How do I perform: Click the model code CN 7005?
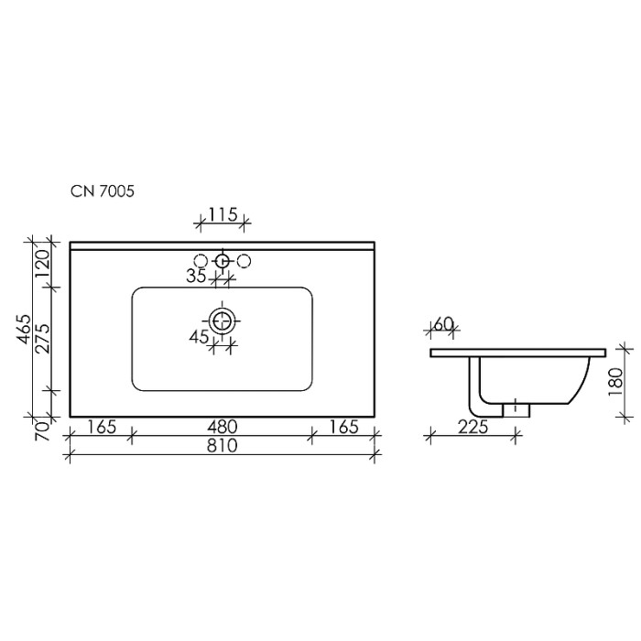(x=103, y=191)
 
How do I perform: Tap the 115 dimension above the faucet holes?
(x=223, y=214)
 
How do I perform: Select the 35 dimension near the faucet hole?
(x=194, y=277)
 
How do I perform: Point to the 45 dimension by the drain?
(x=199, y=337)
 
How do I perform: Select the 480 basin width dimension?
(x=222, y=427)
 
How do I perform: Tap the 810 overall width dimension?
(x=222, y=447)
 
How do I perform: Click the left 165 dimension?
(x=103, y=427)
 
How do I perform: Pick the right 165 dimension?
(x=344, y=427)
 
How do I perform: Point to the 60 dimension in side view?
(x=444, y=324)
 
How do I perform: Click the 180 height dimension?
(x=615, y=379)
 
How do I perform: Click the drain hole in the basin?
(x=222, y=320)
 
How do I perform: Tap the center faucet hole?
(x=222, y=262)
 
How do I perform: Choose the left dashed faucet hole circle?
(x=201, y=262)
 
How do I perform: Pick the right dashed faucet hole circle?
(x=244, y=262)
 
